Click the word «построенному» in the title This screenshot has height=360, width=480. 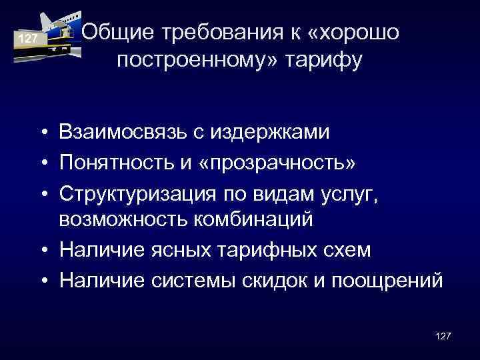click(197, 61)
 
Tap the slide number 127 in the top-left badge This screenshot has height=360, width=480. click(27, 39)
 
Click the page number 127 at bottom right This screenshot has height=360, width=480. click(441, 336)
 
